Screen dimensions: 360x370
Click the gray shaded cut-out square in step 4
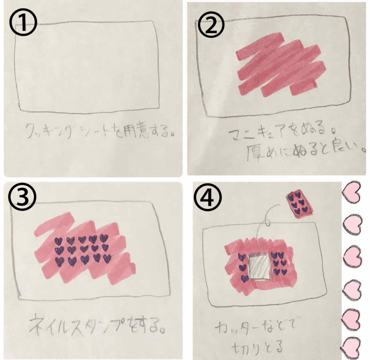[x=260, y=266]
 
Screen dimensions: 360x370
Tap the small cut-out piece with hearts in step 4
[x=300, y=204]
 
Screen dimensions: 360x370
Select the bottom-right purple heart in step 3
[x=107, y=259]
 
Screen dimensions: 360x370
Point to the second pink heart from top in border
[x=352, y=224]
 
